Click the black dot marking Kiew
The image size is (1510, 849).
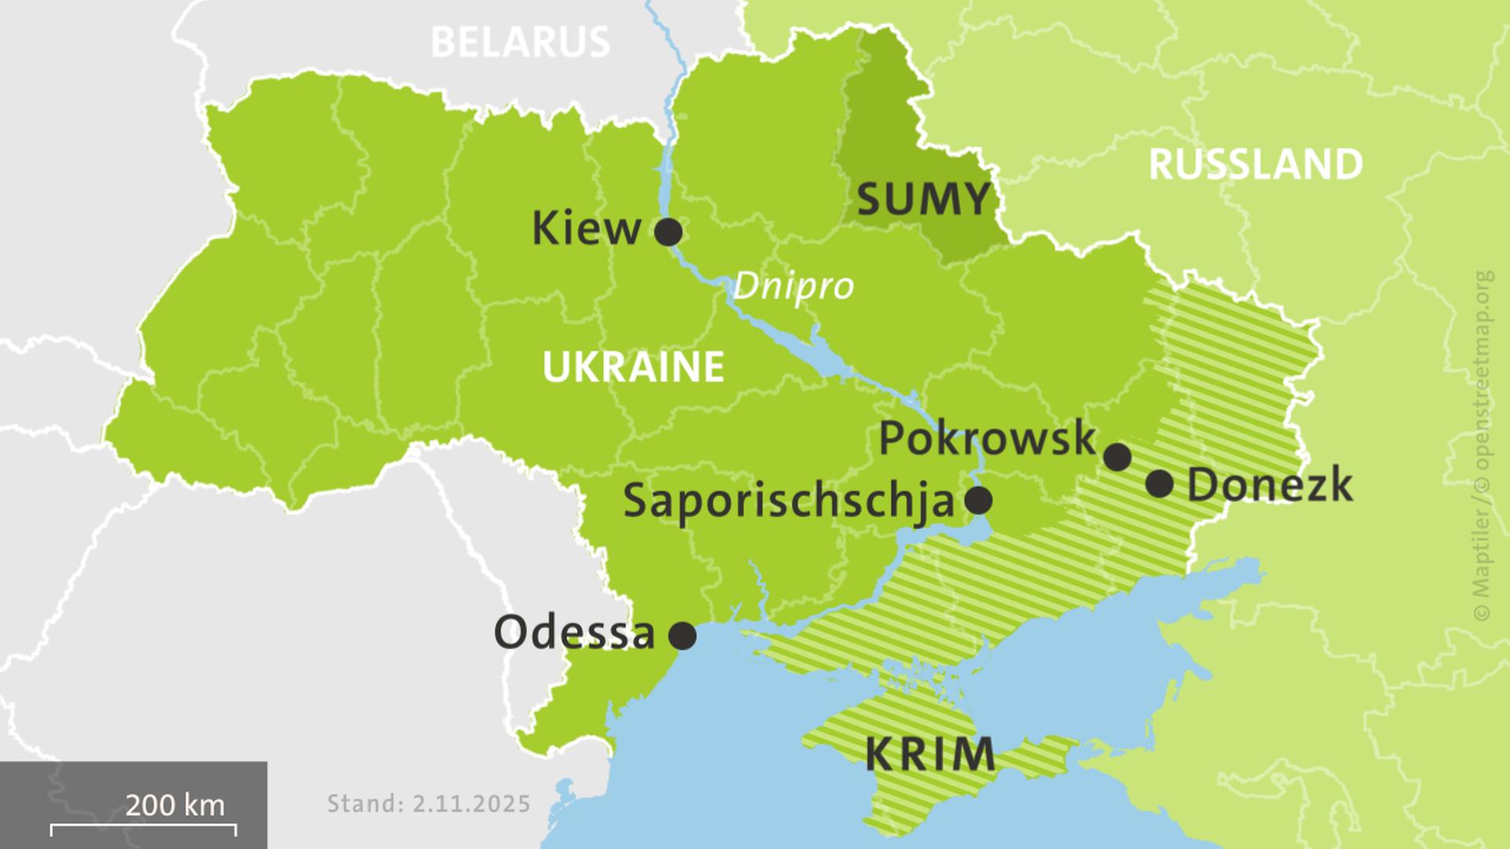(668, 232)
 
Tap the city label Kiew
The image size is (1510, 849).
(587, 230)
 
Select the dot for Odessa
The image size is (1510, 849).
(682, 635)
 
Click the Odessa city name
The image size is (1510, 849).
(574, 633)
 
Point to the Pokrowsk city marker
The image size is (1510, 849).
(1118, 456)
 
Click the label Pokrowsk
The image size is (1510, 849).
(987, 439)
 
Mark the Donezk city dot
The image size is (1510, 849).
(1159, 483)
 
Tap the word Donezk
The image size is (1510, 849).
(1269, 485)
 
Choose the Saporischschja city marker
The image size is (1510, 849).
(978, 499)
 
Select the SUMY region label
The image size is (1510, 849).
(923, 200)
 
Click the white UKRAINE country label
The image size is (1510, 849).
(633, 367)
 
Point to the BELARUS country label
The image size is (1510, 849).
(521, 42)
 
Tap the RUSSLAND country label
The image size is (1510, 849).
(1256, 165)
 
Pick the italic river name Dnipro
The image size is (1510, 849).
(793, 286)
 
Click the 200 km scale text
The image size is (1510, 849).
(175, 805)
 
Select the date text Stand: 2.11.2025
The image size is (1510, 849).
(429, 804)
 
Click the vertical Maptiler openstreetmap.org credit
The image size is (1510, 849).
(1482, 444)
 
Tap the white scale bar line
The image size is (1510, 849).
(143, 826)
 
